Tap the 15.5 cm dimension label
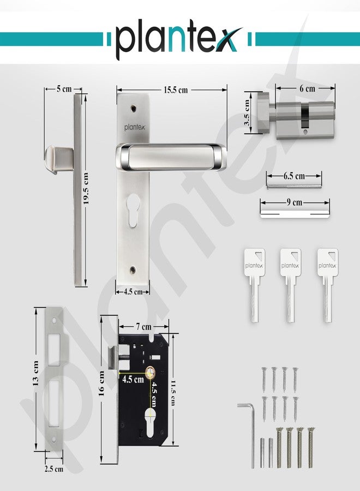(x=176, y=90)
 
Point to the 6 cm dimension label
(x=307, y=88)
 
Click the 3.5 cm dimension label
(x=247, y=113)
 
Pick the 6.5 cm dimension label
(x=294, y=176)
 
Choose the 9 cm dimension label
(x=295, y=202)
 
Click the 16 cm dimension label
(x=101, y=384)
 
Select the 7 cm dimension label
(x=143, y=327)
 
